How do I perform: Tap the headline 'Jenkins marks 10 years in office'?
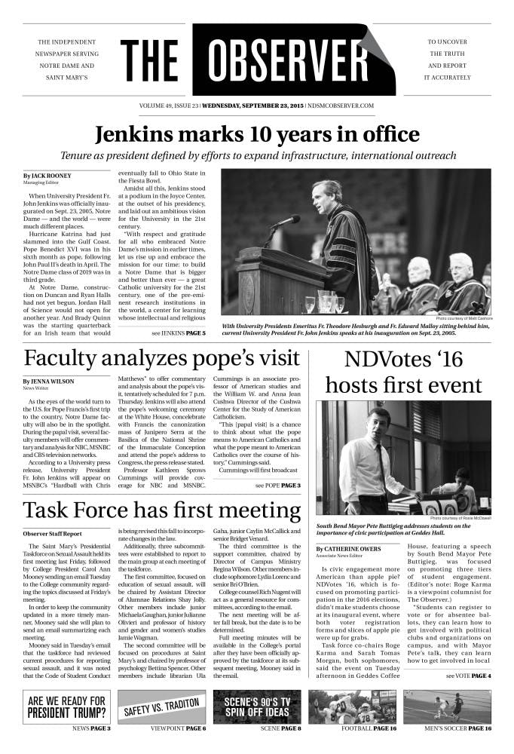pos(257,135)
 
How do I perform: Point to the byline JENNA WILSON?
pos(52,382)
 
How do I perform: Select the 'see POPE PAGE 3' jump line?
pos(277,485)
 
